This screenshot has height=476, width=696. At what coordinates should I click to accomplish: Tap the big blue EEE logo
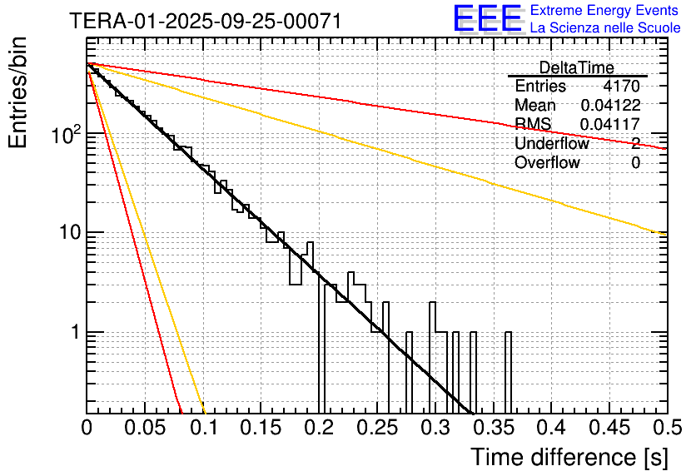click(x=487, y=20)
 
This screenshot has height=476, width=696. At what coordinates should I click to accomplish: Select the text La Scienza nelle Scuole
click(x=605, y=28)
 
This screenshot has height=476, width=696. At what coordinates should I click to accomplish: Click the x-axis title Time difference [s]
click(x=569, y=457)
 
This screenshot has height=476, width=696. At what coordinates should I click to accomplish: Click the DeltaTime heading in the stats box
click(x=576, y=67)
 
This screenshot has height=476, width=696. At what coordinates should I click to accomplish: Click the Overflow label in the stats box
click(x=547, y=163)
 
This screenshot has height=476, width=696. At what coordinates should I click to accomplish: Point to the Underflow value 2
click(x=635, y=144)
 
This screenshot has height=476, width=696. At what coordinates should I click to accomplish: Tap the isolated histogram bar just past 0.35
click(x=508, y=370)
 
